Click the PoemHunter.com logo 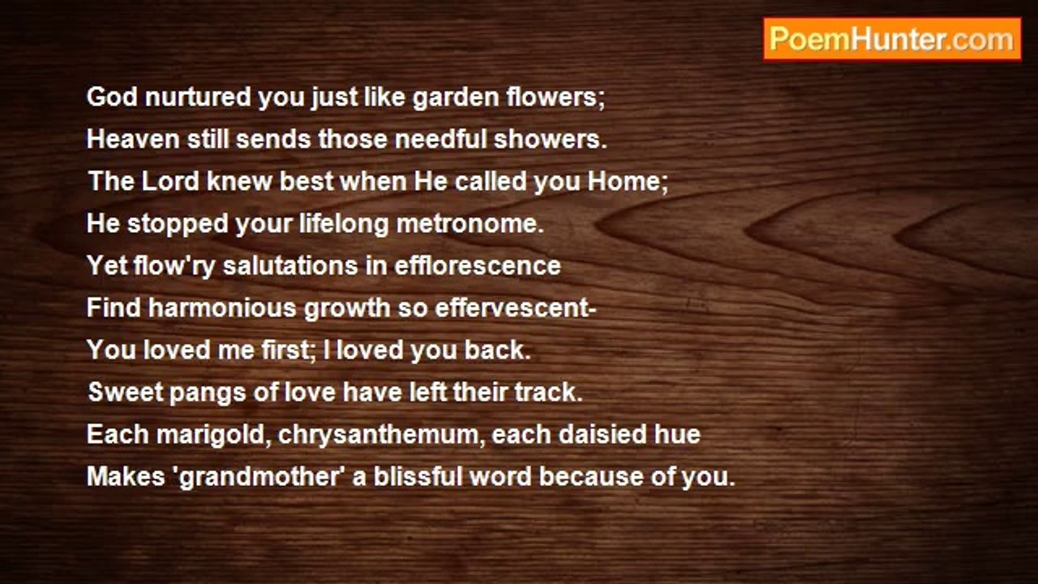tap(892, 40)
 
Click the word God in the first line tap(112, 97)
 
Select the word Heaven tap(133, 139)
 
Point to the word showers tap(550, 139)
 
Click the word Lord tap(170, 181)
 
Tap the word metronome tap(470, 223)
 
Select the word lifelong tap(343, 225)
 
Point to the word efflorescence tap(478, 265)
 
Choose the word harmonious tap(222, 307)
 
